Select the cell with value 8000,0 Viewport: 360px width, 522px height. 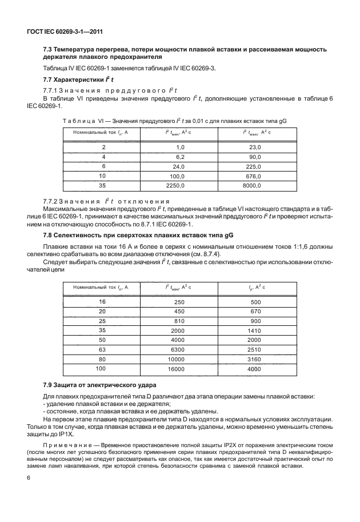coord(251,185)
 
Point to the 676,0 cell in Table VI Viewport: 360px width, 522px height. coord(253,176)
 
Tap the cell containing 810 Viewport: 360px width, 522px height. coord(178,321)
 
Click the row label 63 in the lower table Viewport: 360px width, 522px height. coord(102,350)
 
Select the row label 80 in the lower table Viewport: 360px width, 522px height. coord(102,360)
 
